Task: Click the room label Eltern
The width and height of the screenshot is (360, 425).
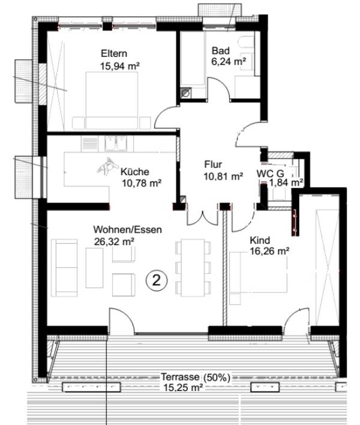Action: pos(114,53)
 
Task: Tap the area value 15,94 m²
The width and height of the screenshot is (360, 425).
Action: pos(120,66)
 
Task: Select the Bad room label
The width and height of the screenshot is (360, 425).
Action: pos(221,51)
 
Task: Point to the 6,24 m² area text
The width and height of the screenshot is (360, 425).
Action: pos(229,62)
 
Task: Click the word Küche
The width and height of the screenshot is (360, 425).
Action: pos(135,172)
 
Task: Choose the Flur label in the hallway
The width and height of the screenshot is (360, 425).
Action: pos(213,164)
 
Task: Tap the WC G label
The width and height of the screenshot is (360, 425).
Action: pos(271,173)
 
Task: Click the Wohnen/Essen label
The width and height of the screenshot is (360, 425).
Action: pos(128,230)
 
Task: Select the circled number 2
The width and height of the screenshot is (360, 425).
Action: pos(157,281)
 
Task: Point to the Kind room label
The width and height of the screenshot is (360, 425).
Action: pos(260,240)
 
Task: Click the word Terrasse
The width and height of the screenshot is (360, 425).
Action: pos(181,377)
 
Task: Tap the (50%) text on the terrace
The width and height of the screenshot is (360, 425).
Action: pos(217,378)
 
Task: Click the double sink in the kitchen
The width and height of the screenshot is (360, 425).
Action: pos(116,143)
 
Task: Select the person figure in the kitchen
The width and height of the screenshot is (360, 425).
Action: pos(107,166)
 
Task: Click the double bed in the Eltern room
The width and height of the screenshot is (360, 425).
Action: pos(112,101)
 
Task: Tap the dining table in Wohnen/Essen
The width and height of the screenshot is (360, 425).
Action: pos(193,267)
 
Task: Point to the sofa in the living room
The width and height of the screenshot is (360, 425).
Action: pos(64,268)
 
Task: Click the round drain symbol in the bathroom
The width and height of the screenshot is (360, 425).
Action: pos(186,93)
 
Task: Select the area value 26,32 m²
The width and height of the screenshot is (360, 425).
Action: pos(114,241)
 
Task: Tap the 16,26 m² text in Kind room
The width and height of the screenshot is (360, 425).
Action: pos(269,251)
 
